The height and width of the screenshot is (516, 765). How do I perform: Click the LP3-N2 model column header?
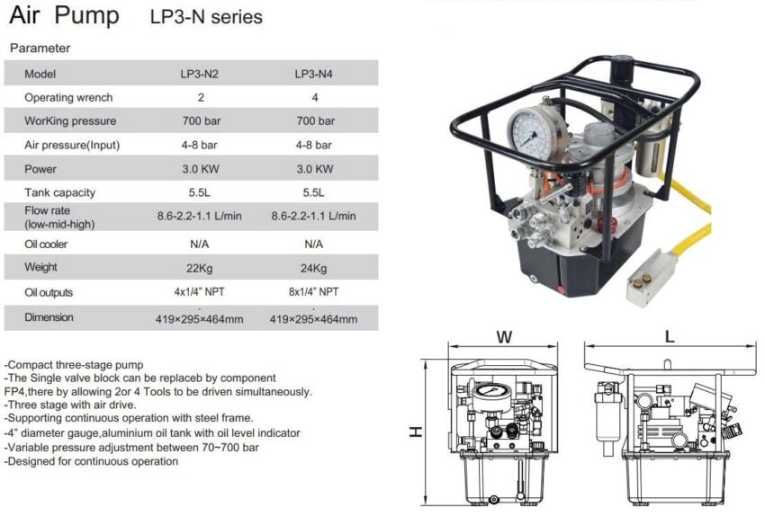[x=201, y=75]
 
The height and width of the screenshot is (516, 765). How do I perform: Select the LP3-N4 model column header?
[x=315, y=75]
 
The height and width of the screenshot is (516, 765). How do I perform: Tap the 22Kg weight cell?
[x=201, y=268]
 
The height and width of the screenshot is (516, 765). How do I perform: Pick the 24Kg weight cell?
[x=315, y=268]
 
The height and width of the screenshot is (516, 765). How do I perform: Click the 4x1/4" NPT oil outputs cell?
[x=201, y=292]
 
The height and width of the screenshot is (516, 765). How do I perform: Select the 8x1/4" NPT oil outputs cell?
[x=315, y=292]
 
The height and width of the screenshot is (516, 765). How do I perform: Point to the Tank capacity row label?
[x=59, y=192]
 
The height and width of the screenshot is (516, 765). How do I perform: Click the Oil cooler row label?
[x=46, y=244]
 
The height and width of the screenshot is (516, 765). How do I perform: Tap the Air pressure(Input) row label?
[x=72, y=145]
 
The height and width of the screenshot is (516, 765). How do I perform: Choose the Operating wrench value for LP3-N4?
[x=315, y=97]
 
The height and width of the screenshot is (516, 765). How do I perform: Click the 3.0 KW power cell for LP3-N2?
[x=201, y=169]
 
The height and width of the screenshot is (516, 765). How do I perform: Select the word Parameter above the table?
[x=40, y=48]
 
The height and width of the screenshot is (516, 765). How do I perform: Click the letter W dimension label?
[x=504, y=337]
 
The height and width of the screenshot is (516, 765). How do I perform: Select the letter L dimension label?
[x=669, y=337]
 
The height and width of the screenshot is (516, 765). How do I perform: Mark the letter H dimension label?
[x=415, y=431]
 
